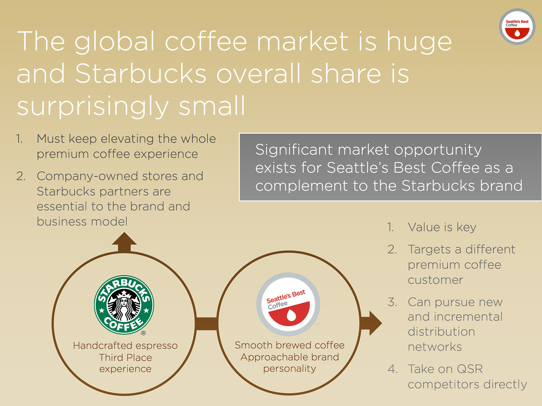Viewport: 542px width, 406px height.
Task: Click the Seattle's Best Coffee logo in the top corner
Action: pyautogui.click(x=517, y=26)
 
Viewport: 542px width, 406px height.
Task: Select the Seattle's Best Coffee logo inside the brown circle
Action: pyautogui.click(x=288, y=304)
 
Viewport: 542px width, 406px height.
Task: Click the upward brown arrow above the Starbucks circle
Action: pyautogui.click(x=124, y=242)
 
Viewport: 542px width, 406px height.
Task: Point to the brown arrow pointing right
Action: pyautogui.click(x=371, y=323)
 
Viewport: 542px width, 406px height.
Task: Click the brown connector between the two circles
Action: pyautogui.click(x=207, y=324)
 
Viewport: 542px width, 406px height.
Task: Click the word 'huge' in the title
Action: pyautogui.click(x=419, y=42)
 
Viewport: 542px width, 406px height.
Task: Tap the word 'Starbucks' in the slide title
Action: pyautogui.click(x=141, y=73)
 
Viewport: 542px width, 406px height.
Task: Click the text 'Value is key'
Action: pyautogui.click(x=442, y=227)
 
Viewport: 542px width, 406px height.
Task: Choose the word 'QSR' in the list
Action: pyautogui.click(x=470, y=369)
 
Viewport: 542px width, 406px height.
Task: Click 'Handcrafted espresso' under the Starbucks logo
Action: pyautogui.click(x=125, y=345)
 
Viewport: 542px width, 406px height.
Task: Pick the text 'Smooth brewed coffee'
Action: pyautogui.click(x=290, y=345)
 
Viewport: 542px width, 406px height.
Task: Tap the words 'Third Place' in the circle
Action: pyautogui.click(x=126, y=357)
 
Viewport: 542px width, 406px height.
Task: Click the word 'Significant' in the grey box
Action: pyautogui.click(x=294, y=150)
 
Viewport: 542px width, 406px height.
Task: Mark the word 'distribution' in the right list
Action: pyautogui.click(x=441, y=332)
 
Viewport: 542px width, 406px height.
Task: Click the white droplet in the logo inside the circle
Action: pyautogui.click(x=292, y=315)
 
